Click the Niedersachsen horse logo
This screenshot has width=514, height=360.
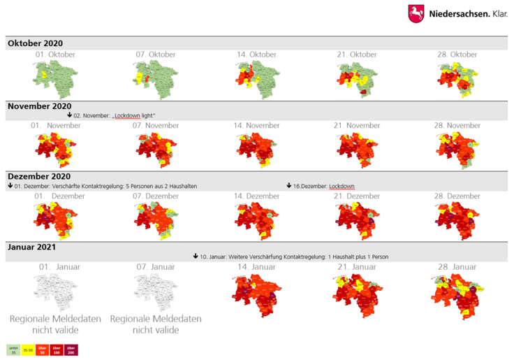pos(416,14)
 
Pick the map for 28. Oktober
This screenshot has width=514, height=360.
pos(458,77)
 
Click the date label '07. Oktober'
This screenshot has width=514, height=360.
pos(155,55)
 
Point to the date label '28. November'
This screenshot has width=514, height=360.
pos(458,126)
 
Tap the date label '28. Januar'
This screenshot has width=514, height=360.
pos(458,267)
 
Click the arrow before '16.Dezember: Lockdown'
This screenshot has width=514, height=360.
pos(289,186)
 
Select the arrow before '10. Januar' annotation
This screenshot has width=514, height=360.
pos(196,257)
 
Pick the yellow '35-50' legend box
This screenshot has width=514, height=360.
pos(28,349)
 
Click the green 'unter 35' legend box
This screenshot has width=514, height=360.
pos(13,349)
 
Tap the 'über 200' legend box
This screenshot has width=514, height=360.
pos(72,349)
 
